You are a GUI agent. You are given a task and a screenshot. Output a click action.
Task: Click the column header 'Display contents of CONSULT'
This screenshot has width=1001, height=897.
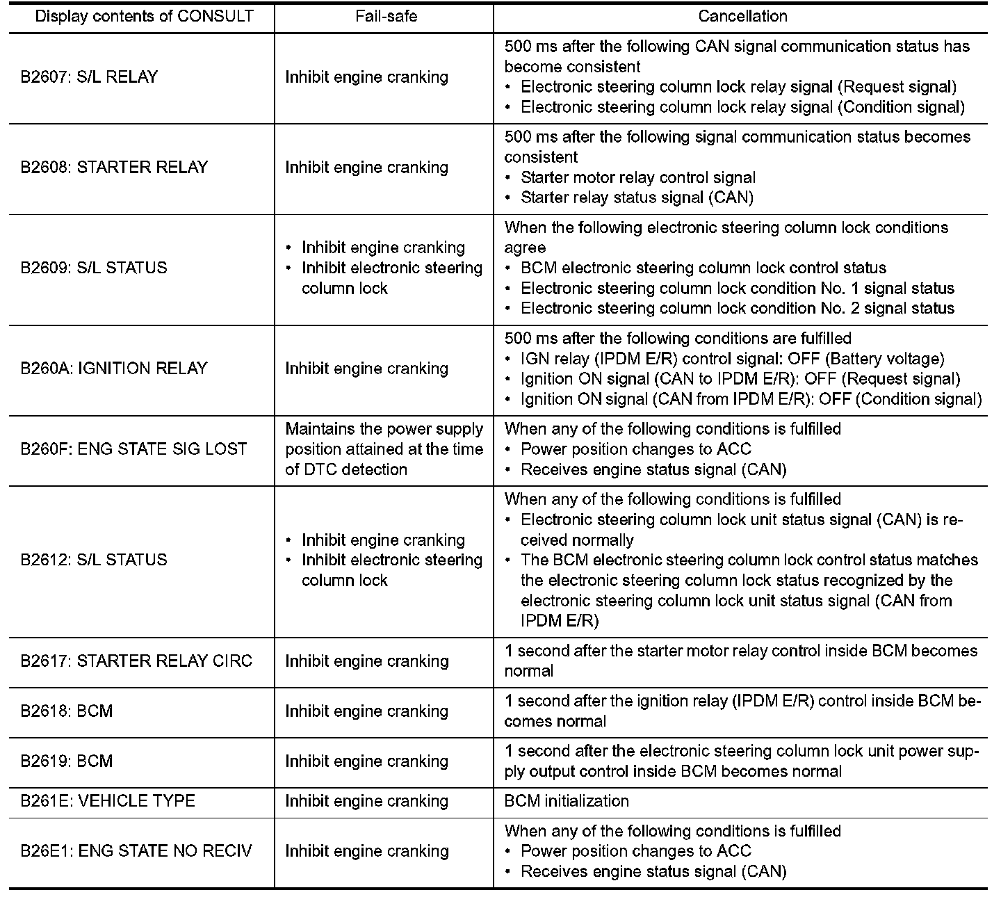tap(144, 16)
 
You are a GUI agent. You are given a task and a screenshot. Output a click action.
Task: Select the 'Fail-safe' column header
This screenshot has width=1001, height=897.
tap(386, 16)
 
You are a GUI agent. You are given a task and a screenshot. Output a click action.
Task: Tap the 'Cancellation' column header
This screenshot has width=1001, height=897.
tap(742, 16)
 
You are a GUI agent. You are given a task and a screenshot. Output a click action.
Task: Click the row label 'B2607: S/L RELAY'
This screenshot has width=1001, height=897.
tap(89, 77)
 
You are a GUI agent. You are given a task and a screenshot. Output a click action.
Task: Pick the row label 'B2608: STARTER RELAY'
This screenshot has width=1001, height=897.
tap(114, 168)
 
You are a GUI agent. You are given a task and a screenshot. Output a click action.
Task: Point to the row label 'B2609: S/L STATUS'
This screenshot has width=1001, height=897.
tap(94, 268)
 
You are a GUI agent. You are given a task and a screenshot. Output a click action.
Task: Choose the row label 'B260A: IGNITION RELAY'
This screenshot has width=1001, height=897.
tap(114, 369)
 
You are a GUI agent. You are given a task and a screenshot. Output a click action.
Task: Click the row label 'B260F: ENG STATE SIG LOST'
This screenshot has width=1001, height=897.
tap(133, 449)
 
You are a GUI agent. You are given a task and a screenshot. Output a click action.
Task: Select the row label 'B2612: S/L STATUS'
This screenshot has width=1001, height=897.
tap(94, 560)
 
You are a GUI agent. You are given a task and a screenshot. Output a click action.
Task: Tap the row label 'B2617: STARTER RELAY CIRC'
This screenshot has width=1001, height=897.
tap(136, 661)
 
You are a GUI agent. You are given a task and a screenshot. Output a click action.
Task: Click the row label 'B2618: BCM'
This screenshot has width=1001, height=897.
tap(67, 711)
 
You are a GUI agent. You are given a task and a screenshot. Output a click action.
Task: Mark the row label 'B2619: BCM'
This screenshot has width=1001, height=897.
tap(67, 761)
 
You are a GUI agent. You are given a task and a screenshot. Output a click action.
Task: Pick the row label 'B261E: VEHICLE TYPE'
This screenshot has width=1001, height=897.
tap(108, 801)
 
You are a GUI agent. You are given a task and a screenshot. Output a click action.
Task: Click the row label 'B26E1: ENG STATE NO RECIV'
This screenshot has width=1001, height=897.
tap(136, 851)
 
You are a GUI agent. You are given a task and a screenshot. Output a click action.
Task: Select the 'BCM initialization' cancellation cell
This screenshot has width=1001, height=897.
tap(567, 801)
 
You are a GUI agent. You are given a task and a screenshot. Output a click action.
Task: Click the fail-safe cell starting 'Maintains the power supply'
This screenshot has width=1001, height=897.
tap(384, 449)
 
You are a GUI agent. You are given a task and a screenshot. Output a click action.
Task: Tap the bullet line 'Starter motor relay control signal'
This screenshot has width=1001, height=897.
tap(638, 177)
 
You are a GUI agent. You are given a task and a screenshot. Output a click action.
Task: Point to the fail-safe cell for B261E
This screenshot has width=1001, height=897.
tap(366, 801)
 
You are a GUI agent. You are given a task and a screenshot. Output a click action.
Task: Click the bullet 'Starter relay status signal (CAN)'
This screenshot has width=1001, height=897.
tap(637, 197)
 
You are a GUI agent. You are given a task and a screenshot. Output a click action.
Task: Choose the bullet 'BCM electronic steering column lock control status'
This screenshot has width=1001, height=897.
tap(703, 268)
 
